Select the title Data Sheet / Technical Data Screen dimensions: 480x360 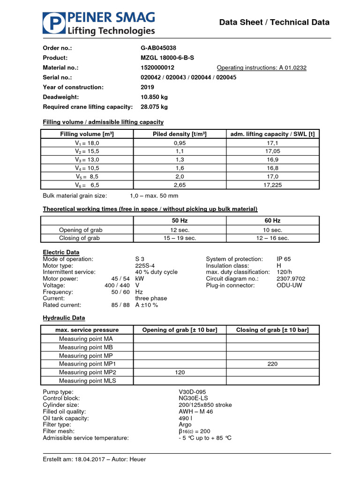point(275,22)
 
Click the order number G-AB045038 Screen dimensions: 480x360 point(158,48)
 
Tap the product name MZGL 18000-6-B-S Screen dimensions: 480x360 point(167,58)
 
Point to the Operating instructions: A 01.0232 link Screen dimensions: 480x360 point(262,67)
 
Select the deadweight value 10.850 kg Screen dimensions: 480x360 point(154,97)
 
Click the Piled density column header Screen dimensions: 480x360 point(180,134)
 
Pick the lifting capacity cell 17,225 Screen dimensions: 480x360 point(272,185)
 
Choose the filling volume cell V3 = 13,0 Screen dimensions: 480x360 point(88,159)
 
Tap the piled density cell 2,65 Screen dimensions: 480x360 point(180,185)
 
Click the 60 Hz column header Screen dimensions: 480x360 point(272,220)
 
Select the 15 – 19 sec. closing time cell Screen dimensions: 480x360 point(180,238)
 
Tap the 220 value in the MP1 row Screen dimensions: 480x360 point(272,364)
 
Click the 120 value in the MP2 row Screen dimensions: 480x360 point(180,372)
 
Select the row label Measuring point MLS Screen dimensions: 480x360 point(88,381)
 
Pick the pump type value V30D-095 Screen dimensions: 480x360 point(192,391)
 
